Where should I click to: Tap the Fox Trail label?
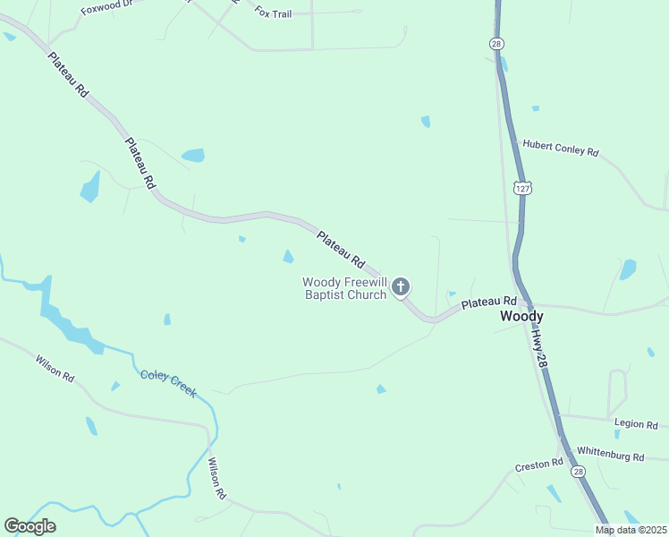274,13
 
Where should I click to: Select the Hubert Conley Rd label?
560,148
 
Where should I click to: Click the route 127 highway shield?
522,188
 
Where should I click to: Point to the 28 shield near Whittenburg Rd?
578,472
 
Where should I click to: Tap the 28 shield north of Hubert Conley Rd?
496,43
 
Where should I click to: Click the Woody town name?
521,316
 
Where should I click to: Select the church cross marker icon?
401,286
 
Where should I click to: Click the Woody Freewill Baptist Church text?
344,288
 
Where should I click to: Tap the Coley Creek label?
167,382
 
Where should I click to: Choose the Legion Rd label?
636,423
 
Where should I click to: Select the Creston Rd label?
538,465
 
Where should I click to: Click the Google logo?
30,525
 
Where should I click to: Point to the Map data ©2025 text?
631,530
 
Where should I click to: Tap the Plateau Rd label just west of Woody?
489,304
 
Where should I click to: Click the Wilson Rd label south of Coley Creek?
216,478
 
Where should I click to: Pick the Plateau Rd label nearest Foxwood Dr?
69,75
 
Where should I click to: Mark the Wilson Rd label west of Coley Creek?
55,369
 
